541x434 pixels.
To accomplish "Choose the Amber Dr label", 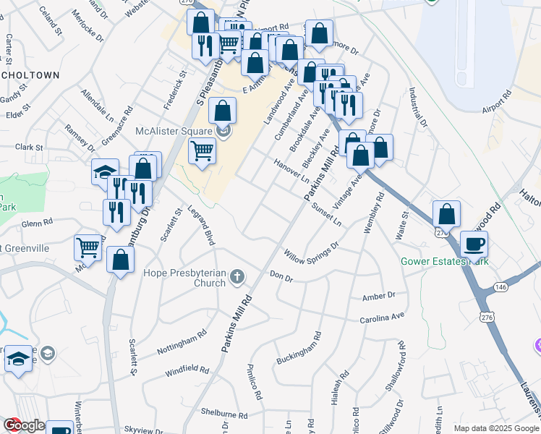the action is (x=379, y=296).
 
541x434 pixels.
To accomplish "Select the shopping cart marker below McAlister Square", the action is (x=202, y=151).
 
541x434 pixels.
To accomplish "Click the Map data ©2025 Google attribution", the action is (x=495, y=428).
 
